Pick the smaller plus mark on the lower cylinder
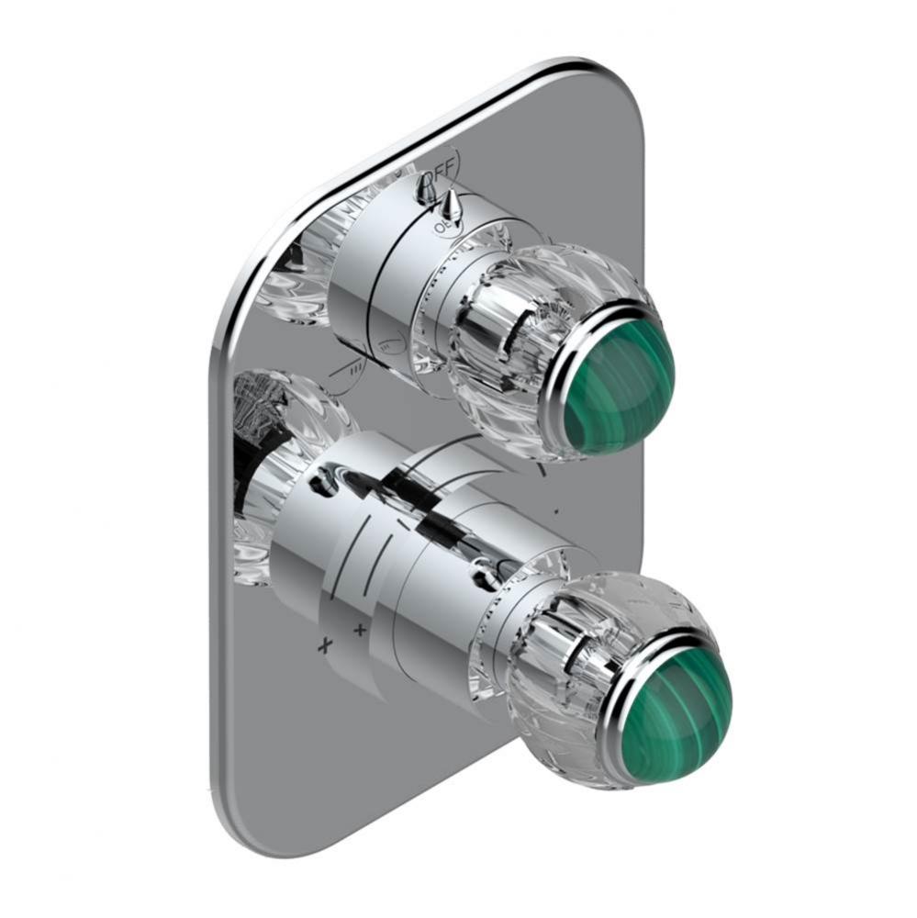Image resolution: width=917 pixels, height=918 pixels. (360, 629)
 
